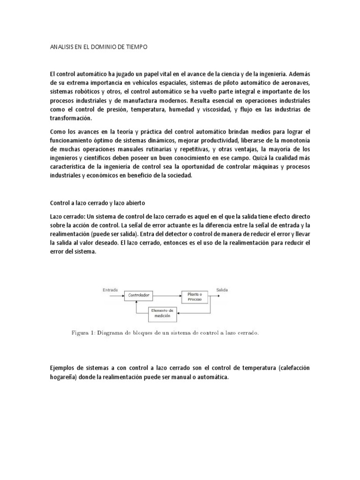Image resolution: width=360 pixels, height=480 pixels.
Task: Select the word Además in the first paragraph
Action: pyautogui.click(x=298, y=74)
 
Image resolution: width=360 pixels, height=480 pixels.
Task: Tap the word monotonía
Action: pyautogui.click(x=292, y=141)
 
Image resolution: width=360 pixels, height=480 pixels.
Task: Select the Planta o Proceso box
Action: pyautogui.click(x=195, y=296)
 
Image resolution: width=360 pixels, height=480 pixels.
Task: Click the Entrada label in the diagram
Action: pyautogui.click(x=110, y=290)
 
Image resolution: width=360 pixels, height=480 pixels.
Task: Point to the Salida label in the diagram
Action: pyautogui.click(x=222, y=290)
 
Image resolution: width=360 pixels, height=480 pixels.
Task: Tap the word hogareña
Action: pyautogui.click(x=65, y=377)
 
